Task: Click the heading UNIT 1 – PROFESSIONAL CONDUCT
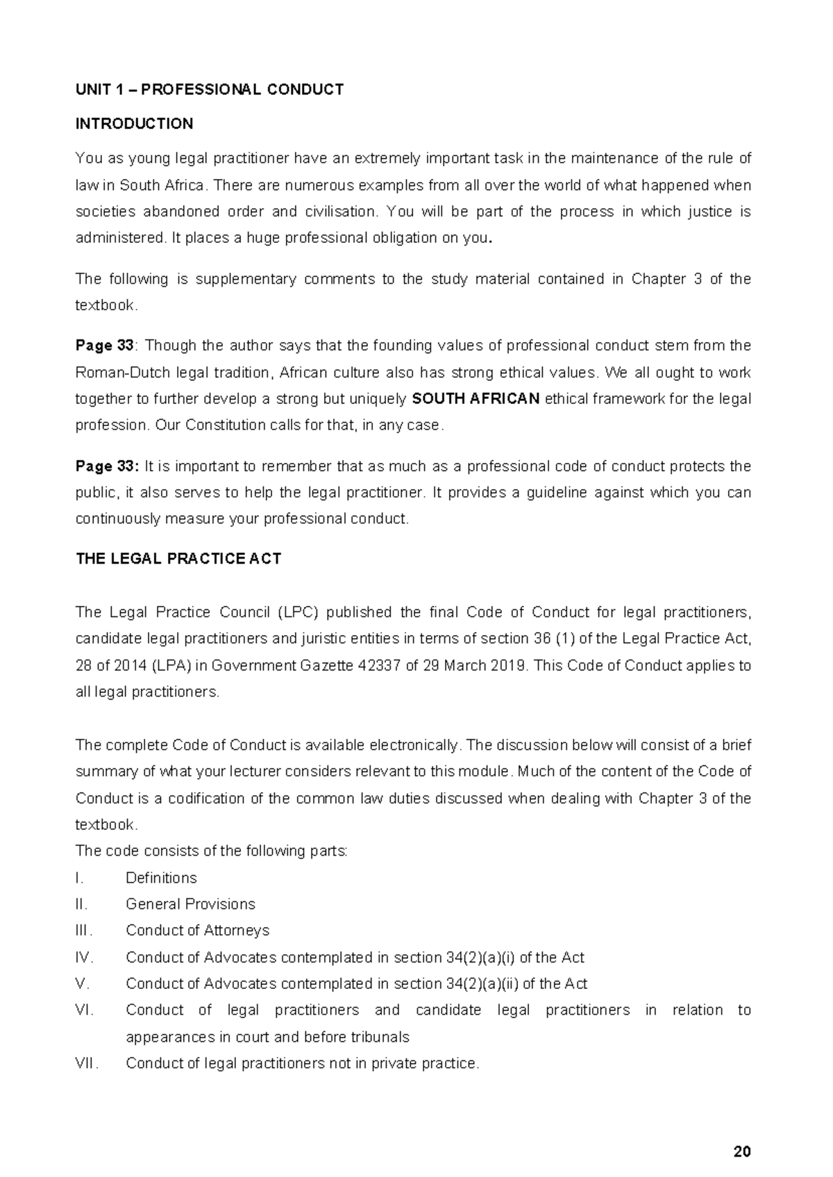[x=209, y=90]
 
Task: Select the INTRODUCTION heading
[x=134, y=124]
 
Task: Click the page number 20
[x=741, y=1152]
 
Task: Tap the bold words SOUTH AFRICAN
[x=476, y=399]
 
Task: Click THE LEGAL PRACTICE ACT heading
[x=178, y=559]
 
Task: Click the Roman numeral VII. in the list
[x=87, y=1063]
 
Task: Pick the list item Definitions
[x=161, y=878]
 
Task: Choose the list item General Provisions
[x=190, y=904]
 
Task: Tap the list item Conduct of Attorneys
[x=197, y=931]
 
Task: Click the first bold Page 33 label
[x=104, y=346]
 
